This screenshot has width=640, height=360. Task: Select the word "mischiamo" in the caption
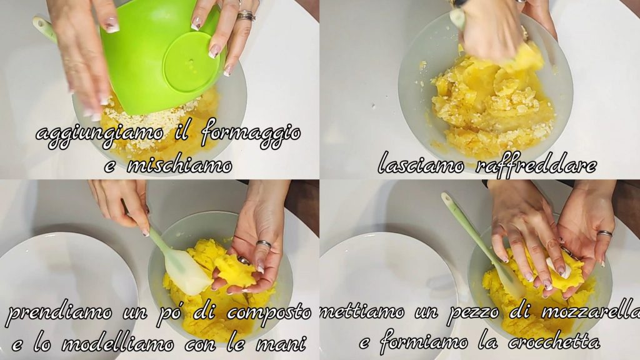pyautogui.click(x=179, y=165)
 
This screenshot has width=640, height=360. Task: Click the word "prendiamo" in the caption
pyautogui.click(x=60, y=314)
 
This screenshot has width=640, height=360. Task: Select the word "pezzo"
pyautogui.click(x=474, y=314)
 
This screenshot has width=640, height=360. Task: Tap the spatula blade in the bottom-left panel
pyautogui.click(x=186, y=274)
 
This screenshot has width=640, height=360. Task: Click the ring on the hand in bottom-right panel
pyautogui.click(x=604, y=234)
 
